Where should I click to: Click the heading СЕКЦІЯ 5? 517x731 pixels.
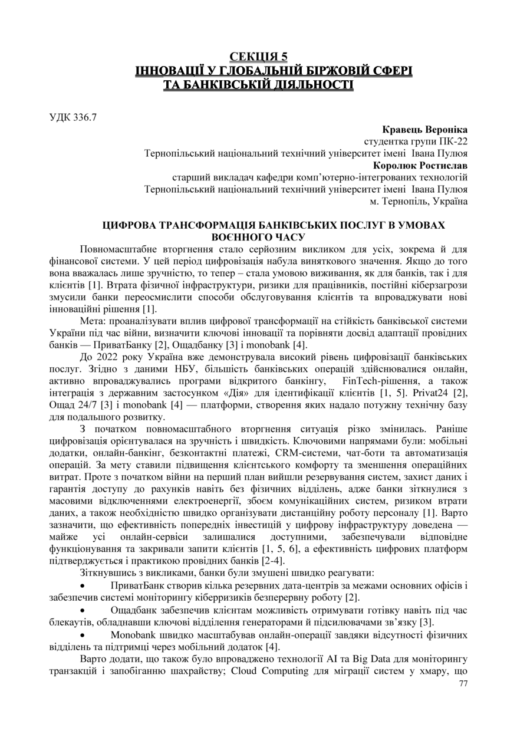258,57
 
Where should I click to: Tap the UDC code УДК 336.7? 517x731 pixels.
73,117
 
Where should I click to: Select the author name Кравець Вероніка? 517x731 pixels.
425,129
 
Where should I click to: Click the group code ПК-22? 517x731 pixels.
452,141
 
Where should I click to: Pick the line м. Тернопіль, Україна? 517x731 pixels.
418,202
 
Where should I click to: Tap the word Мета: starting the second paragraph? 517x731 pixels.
94,321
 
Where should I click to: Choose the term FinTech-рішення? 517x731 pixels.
384,381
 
